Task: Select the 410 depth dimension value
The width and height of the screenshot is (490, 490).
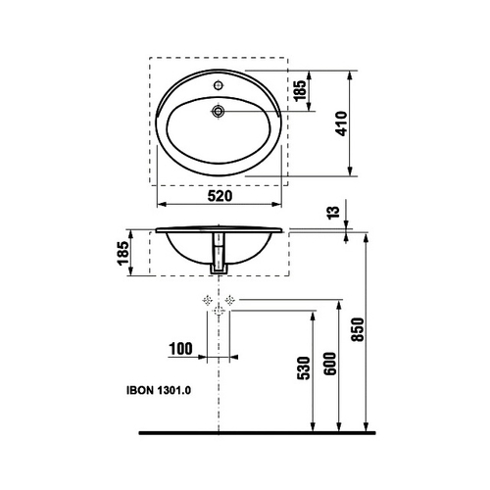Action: (x=340, y=122)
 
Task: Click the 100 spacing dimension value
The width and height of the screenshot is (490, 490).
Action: (x=179, y=349)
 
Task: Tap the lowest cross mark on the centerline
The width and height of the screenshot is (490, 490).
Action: (x=219, y=311)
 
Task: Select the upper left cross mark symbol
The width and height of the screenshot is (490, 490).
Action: (x=207, y=298)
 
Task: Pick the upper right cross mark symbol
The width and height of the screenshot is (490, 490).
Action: (x=231, y=298)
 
